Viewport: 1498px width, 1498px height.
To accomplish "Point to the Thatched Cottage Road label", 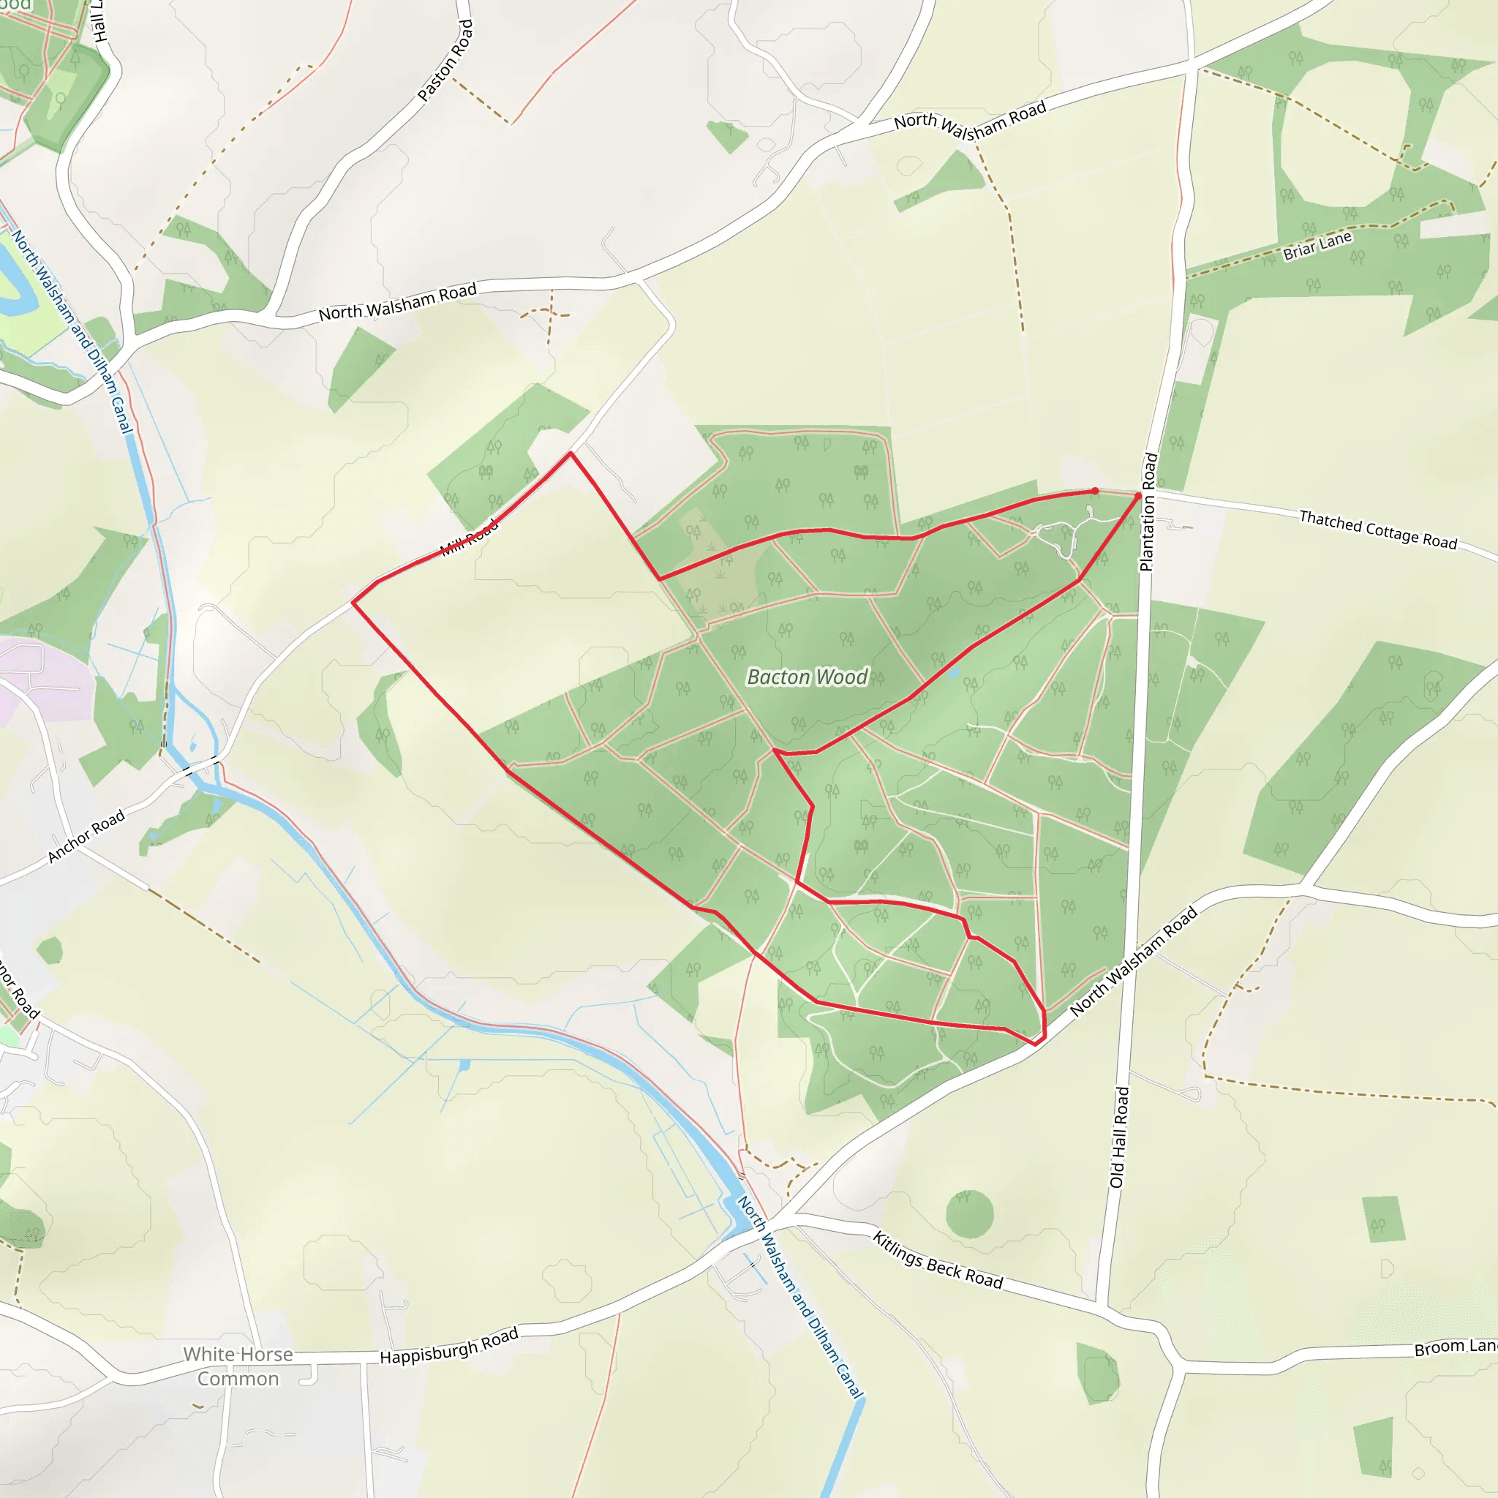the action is coord(1378,530).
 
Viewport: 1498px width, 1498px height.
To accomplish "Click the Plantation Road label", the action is coord(1148,512).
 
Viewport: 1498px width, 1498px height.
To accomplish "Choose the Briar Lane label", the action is coord(1317,246).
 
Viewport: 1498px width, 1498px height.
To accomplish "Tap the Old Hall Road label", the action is coord(1119,1137).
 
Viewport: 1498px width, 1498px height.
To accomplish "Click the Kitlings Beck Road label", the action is coord(938,1260).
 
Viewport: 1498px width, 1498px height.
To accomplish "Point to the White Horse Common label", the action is coord(238,1366).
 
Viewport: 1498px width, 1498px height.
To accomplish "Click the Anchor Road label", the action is coord(86,836).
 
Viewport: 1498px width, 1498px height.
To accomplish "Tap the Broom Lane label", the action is coord(1455,1347).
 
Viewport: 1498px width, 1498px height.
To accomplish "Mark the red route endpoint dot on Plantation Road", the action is coord(1138,496).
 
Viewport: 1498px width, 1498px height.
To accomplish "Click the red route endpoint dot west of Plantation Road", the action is coord(1094,491).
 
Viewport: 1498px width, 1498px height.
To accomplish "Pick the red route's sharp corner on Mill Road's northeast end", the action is coord(571,453).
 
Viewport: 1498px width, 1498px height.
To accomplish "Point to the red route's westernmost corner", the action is coord(353,602).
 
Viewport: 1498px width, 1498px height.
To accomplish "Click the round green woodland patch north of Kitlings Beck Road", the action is coord(969,1213).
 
